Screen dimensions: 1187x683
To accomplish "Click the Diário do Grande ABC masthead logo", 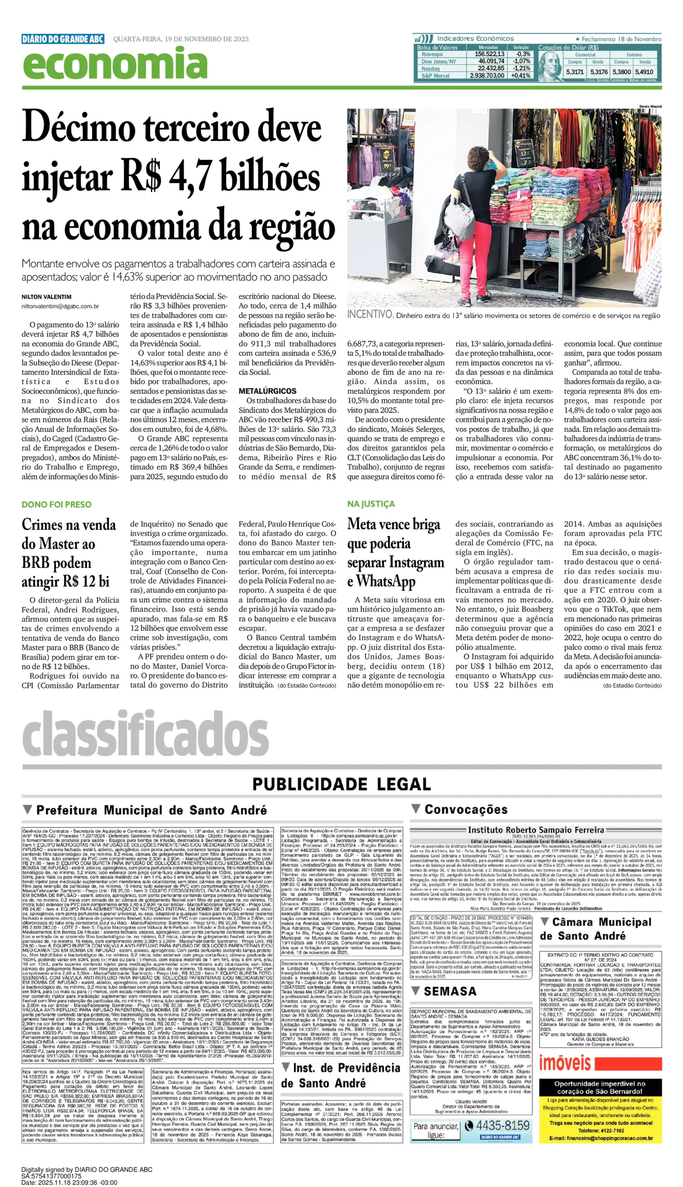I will tap(63, 39).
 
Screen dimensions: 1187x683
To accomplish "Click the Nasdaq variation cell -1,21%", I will tap(521, 68).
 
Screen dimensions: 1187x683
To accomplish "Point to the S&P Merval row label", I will tap(435, 75).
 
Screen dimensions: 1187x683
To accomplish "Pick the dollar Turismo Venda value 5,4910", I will tap(645, 72).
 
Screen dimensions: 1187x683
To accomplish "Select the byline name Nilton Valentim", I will tap(46, 297).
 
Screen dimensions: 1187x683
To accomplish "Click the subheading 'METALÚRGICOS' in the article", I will tap(267, 391).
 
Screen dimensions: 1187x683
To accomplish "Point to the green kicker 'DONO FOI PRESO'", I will tap(56, 504).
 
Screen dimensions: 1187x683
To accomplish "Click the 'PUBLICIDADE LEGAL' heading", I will tap(341, 784).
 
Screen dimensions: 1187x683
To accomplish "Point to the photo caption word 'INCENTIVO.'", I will tap(370, 314).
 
